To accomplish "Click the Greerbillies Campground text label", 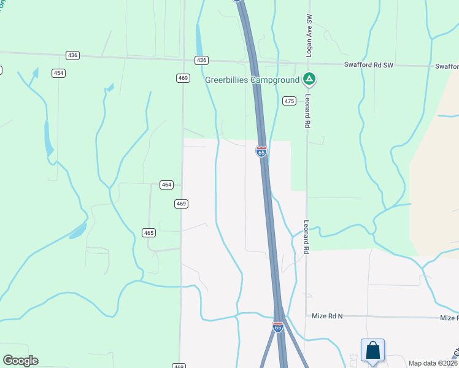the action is [x=252, y=79].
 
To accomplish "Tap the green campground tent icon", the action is [x=310, y=79].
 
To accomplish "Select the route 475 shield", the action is [x=290, y=101].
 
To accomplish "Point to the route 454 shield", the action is [x=58, y=73].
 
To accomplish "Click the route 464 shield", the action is [x=166, y=184].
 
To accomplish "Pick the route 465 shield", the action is [x=148, y=232].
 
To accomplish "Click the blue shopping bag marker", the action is [x=372, y=351].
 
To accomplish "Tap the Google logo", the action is [x=20, y=361].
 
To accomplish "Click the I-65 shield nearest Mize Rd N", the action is [x=278, y=327].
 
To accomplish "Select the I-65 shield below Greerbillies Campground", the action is [x=261, y=151].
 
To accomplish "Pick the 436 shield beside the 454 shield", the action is [x=73, y=55].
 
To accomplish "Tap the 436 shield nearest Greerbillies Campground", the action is [x=201, y=60].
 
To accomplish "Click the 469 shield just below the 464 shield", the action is [x=180, y=204].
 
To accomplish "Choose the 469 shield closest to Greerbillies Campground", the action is [x=183, y=77].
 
